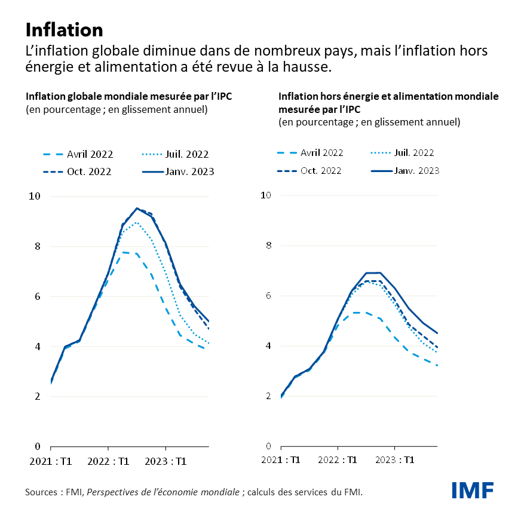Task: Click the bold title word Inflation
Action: (x=64, y=29)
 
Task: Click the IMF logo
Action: (x=473, y=489)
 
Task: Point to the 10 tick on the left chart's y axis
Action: (x=35, y=196)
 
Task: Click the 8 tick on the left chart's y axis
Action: (x=37, y=246)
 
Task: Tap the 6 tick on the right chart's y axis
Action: (x=268, y=296)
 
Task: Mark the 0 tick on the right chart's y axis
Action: (x=268, y=446)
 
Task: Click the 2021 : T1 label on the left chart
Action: (x=50, y=461)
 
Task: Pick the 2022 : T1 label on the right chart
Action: (x=338, y=459)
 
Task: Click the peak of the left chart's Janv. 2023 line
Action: (x=137, y=208)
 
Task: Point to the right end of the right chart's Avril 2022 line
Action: (x=437, y=366)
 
